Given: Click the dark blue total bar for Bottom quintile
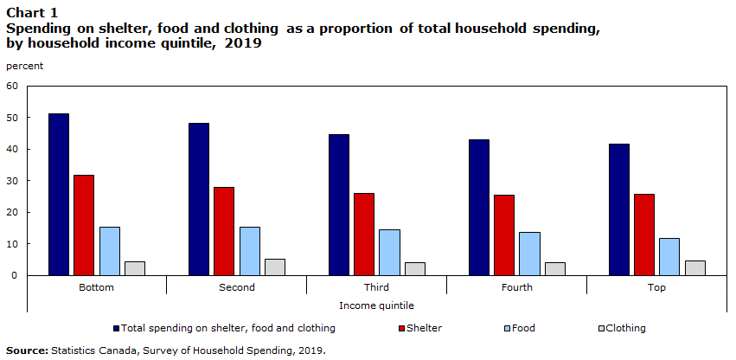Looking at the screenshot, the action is [59, 195].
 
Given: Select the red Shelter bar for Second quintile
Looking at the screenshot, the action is [224, 231].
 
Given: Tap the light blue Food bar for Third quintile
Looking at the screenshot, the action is [389, 253].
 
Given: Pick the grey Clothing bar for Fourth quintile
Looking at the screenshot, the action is [555, 269].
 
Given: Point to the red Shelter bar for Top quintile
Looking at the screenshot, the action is [644, 235].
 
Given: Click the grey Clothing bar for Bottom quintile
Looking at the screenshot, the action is [135, 268].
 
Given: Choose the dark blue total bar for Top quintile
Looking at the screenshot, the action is [618, 209].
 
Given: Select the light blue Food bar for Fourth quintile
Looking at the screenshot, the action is [529, 254].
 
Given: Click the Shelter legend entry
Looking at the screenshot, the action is [420, 328].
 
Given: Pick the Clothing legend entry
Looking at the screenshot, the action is [623, 328].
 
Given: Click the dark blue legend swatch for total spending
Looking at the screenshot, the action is [117, 328].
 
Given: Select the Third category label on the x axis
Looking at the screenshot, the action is [376, 287].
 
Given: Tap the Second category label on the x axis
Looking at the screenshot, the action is [237, 287].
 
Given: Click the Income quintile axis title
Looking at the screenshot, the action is [376, 306].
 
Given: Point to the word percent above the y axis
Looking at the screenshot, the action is [24, 67].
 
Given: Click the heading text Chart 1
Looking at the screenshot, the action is [32, 12].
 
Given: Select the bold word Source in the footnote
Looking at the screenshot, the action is [27, 350].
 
